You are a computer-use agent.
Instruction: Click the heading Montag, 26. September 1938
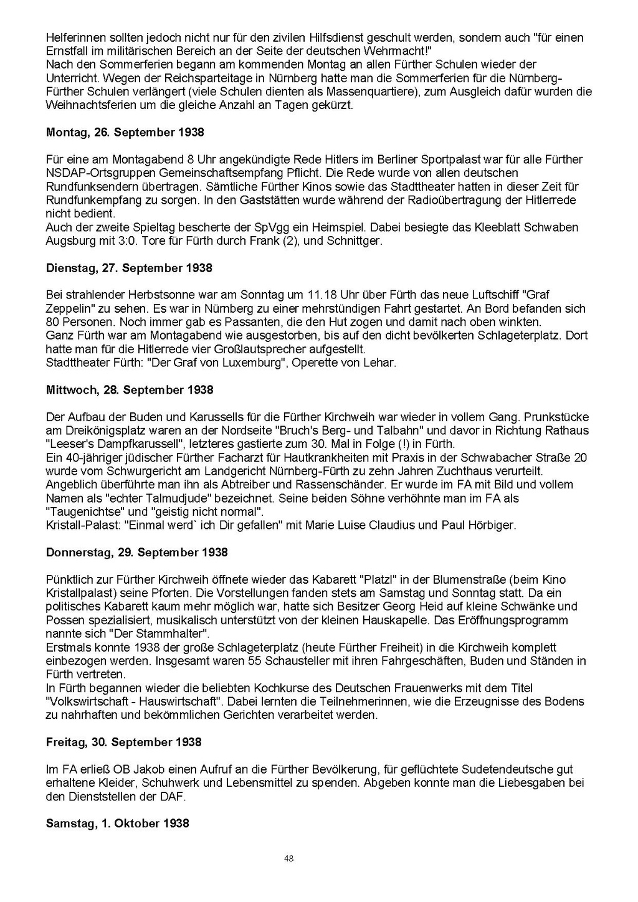[x=125, y=133]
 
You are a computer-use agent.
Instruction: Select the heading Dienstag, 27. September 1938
[x=129, y=268]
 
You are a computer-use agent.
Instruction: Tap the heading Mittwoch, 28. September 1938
[x=130, y=390]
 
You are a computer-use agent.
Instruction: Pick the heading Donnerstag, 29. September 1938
[x=136, y=553]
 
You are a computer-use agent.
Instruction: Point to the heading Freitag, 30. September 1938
[x=123, y=742]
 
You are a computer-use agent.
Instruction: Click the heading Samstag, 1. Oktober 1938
[x=117, y=824]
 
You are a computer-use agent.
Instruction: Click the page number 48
[x=288, y=858]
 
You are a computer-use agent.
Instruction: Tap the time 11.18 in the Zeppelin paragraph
[x=320, y=295]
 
